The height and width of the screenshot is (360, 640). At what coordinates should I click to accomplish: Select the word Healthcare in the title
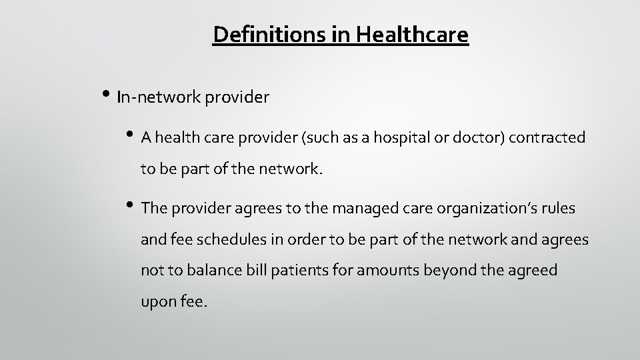coord(413,35)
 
